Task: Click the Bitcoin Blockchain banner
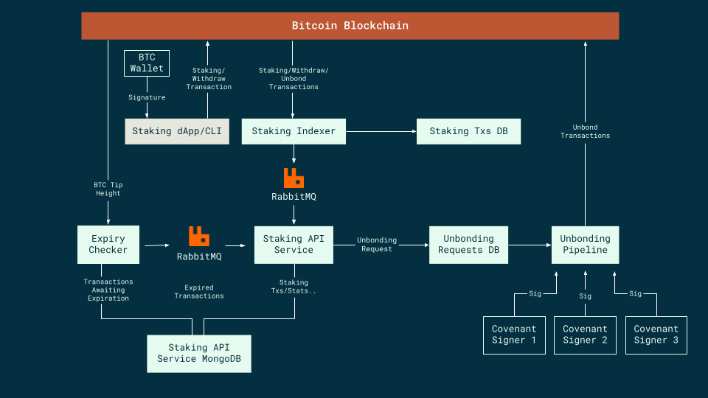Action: [350, 26]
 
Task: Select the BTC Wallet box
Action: [147, 63]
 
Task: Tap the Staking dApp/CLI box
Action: [176, 131]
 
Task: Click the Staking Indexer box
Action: [294, 131]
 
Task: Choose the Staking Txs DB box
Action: [468, 131]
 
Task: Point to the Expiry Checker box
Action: [108, 245]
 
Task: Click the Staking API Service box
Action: [294, 245]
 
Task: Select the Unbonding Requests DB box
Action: [468, 245]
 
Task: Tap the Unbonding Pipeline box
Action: [585, 245]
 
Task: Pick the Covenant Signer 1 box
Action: [514, 335]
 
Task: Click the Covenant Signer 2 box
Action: [585, 335]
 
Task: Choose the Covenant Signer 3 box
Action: [656, 335]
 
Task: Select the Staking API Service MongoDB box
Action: [198, 353]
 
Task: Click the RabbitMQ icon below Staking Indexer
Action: [294, 178]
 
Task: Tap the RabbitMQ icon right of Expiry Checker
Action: [198, 237]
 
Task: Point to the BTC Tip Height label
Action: [108, 189]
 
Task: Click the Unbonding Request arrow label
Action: [377, 245]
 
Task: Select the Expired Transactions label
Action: [198, 292]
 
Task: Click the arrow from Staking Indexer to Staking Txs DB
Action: [381, 131]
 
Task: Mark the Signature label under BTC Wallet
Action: [147, 97]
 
